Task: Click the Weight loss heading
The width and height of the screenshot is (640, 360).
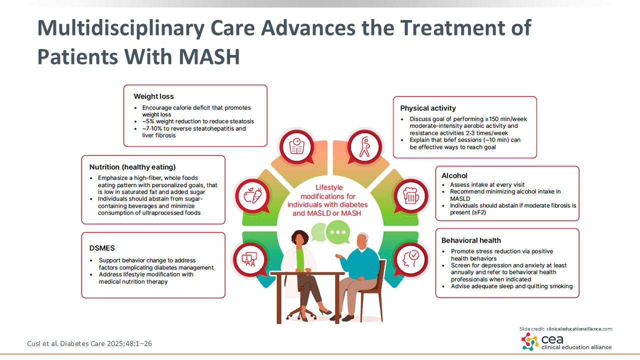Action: coord(153,96)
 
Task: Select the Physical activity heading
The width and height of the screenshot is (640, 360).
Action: coord(427,108)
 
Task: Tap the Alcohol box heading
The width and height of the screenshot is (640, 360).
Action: coord(454,175)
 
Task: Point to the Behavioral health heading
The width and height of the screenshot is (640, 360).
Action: coord(471,240)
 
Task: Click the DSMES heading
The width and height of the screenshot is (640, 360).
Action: coord(102,248)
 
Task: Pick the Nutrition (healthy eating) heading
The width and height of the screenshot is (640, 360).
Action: coord(132,167)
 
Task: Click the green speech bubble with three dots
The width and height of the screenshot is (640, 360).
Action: coord(338,233)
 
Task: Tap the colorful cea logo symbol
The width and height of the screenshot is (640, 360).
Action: coord(529,341)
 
